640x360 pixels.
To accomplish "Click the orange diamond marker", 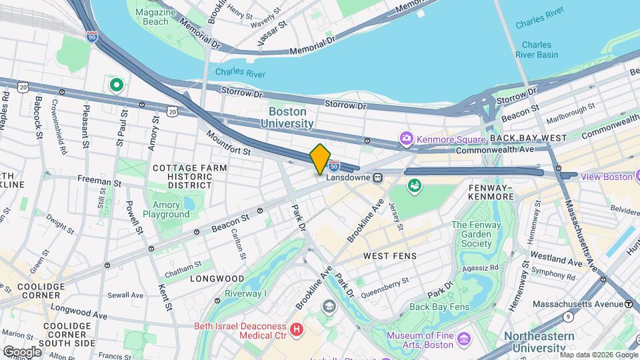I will (x=320, y=159).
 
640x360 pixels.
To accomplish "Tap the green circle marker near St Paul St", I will (x=117, y=85).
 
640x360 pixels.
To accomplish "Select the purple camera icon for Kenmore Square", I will (x=406, y=139).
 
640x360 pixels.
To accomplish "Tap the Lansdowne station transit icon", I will (x=377, y=178).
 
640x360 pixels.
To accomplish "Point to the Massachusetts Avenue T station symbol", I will (x=629, y=304).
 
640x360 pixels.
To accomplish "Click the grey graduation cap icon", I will (x=328, y=306).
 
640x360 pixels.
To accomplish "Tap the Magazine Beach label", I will (x=151, y=17).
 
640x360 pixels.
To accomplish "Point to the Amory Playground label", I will (x=165, y=209).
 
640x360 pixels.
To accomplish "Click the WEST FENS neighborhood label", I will (x=389, y=256).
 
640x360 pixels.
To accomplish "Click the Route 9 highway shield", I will (x=567, y=317).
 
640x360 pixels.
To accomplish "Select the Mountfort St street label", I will (x=228, y=143).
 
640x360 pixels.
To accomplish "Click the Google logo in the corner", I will (x=21, y=351).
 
